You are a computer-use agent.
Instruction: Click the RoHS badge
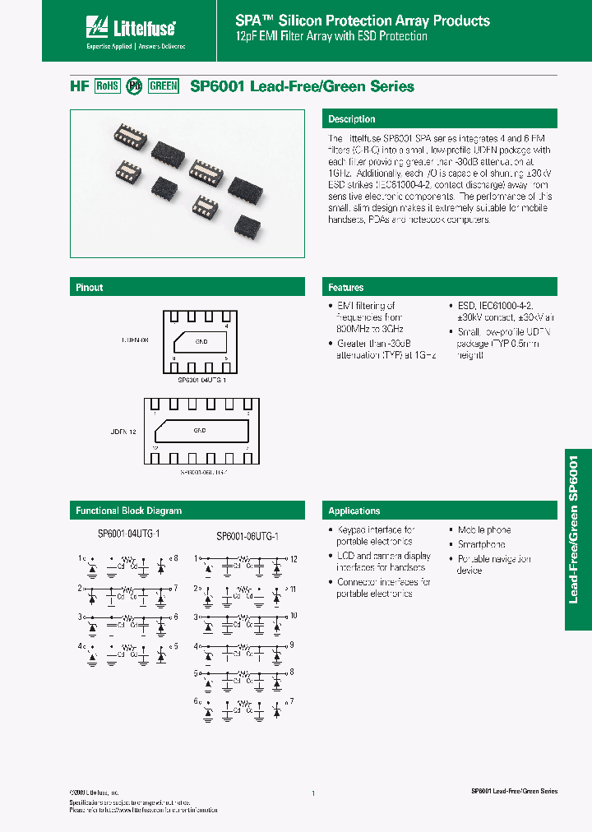[108, 86]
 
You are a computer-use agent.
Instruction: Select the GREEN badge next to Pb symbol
[163, 86]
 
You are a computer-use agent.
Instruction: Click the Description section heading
[352, 119]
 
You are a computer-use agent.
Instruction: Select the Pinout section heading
[90, 287]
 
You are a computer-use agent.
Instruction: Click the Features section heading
[346, 287]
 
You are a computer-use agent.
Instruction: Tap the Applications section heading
[354, 511]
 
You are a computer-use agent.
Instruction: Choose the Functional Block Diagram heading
[128, 511]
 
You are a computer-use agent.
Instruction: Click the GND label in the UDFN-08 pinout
[201, 340]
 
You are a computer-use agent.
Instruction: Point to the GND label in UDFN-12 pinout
[200, 430]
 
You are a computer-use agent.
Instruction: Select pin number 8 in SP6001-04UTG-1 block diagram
[174, 559]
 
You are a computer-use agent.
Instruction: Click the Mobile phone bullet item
[484, 530]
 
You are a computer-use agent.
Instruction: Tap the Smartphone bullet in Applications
[482, 544]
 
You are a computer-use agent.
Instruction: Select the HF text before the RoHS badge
[78, 86]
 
